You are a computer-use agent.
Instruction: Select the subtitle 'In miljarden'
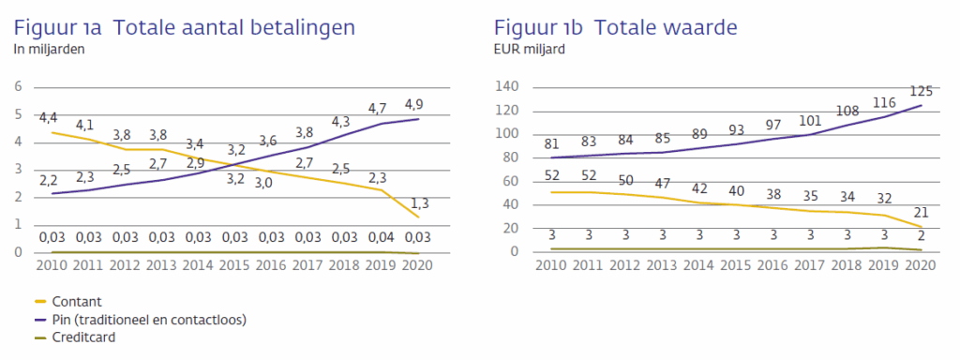click(49, 50)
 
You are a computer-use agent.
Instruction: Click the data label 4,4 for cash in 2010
click(50, 118)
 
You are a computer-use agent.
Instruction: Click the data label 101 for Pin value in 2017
click(809, 120)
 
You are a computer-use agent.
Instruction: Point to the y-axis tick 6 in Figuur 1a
click(17, 87)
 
